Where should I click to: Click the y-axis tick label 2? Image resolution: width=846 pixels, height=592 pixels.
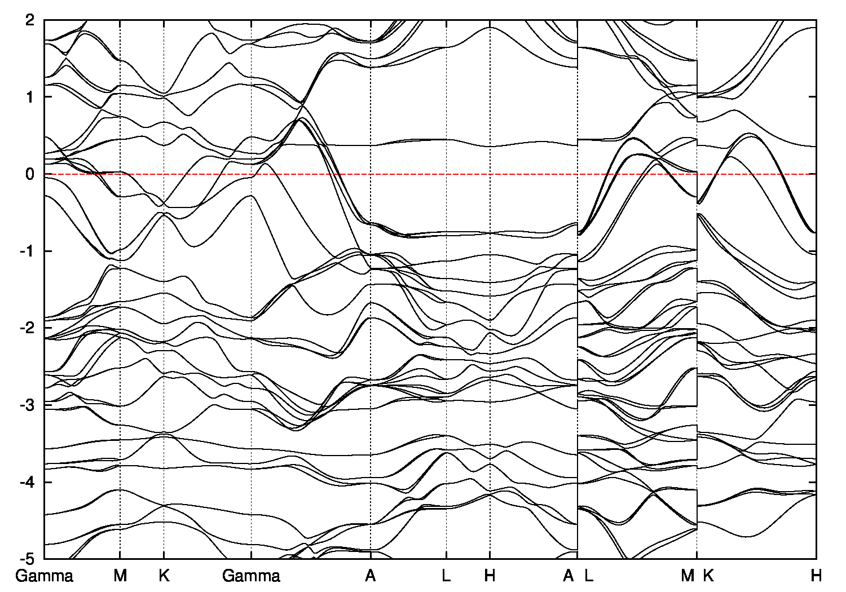(x=31, y=20)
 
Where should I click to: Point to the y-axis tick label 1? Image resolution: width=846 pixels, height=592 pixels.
(x=32, y=97)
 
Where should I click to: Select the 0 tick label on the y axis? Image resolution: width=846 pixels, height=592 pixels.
(x=31, y=174)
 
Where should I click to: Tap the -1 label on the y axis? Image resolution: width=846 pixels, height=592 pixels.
(x=29, y=251)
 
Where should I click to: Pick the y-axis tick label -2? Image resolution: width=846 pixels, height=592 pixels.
(x=29, y=328)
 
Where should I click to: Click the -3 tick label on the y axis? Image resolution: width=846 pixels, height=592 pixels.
(x=29, y=405)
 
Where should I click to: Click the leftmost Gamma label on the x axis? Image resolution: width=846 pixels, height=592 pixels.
(x=45, y=576)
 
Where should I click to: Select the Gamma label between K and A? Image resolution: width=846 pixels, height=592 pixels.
(x=251, y=576)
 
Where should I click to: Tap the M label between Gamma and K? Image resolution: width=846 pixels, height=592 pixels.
(x=120, y=576)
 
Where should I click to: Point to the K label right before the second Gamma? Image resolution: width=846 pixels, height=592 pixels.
(x=164, y=576)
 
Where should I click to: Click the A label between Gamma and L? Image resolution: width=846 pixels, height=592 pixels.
(x=371, y=576)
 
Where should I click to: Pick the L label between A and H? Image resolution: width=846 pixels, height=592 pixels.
(x=446, y=576)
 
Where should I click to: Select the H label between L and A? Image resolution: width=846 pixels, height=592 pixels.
(x=490, y=576)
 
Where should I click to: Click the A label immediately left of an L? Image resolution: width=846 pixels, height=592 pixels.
(x=569, y=576)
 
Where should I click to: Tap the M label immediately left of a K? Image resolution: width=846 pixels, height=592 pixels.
(x=688, y=576)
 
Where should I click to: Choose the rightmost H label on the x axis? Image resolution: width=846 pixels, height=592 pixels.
(x=816, y=576)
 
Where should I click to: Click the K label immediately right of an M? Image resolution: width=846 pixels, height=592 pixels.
(x=708, y=576)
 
